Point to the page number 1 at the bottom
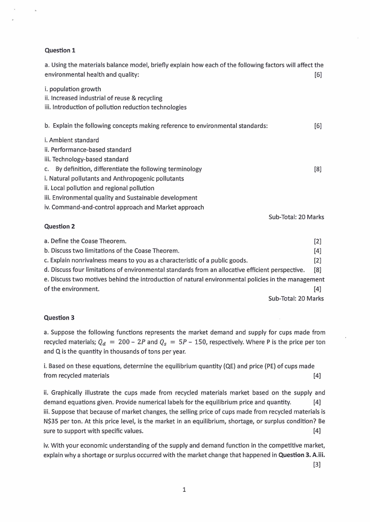tap(185, 489)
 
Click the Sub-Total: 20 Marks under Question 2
tap(296, 298)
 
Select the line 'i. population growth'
tap(72, 88)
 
